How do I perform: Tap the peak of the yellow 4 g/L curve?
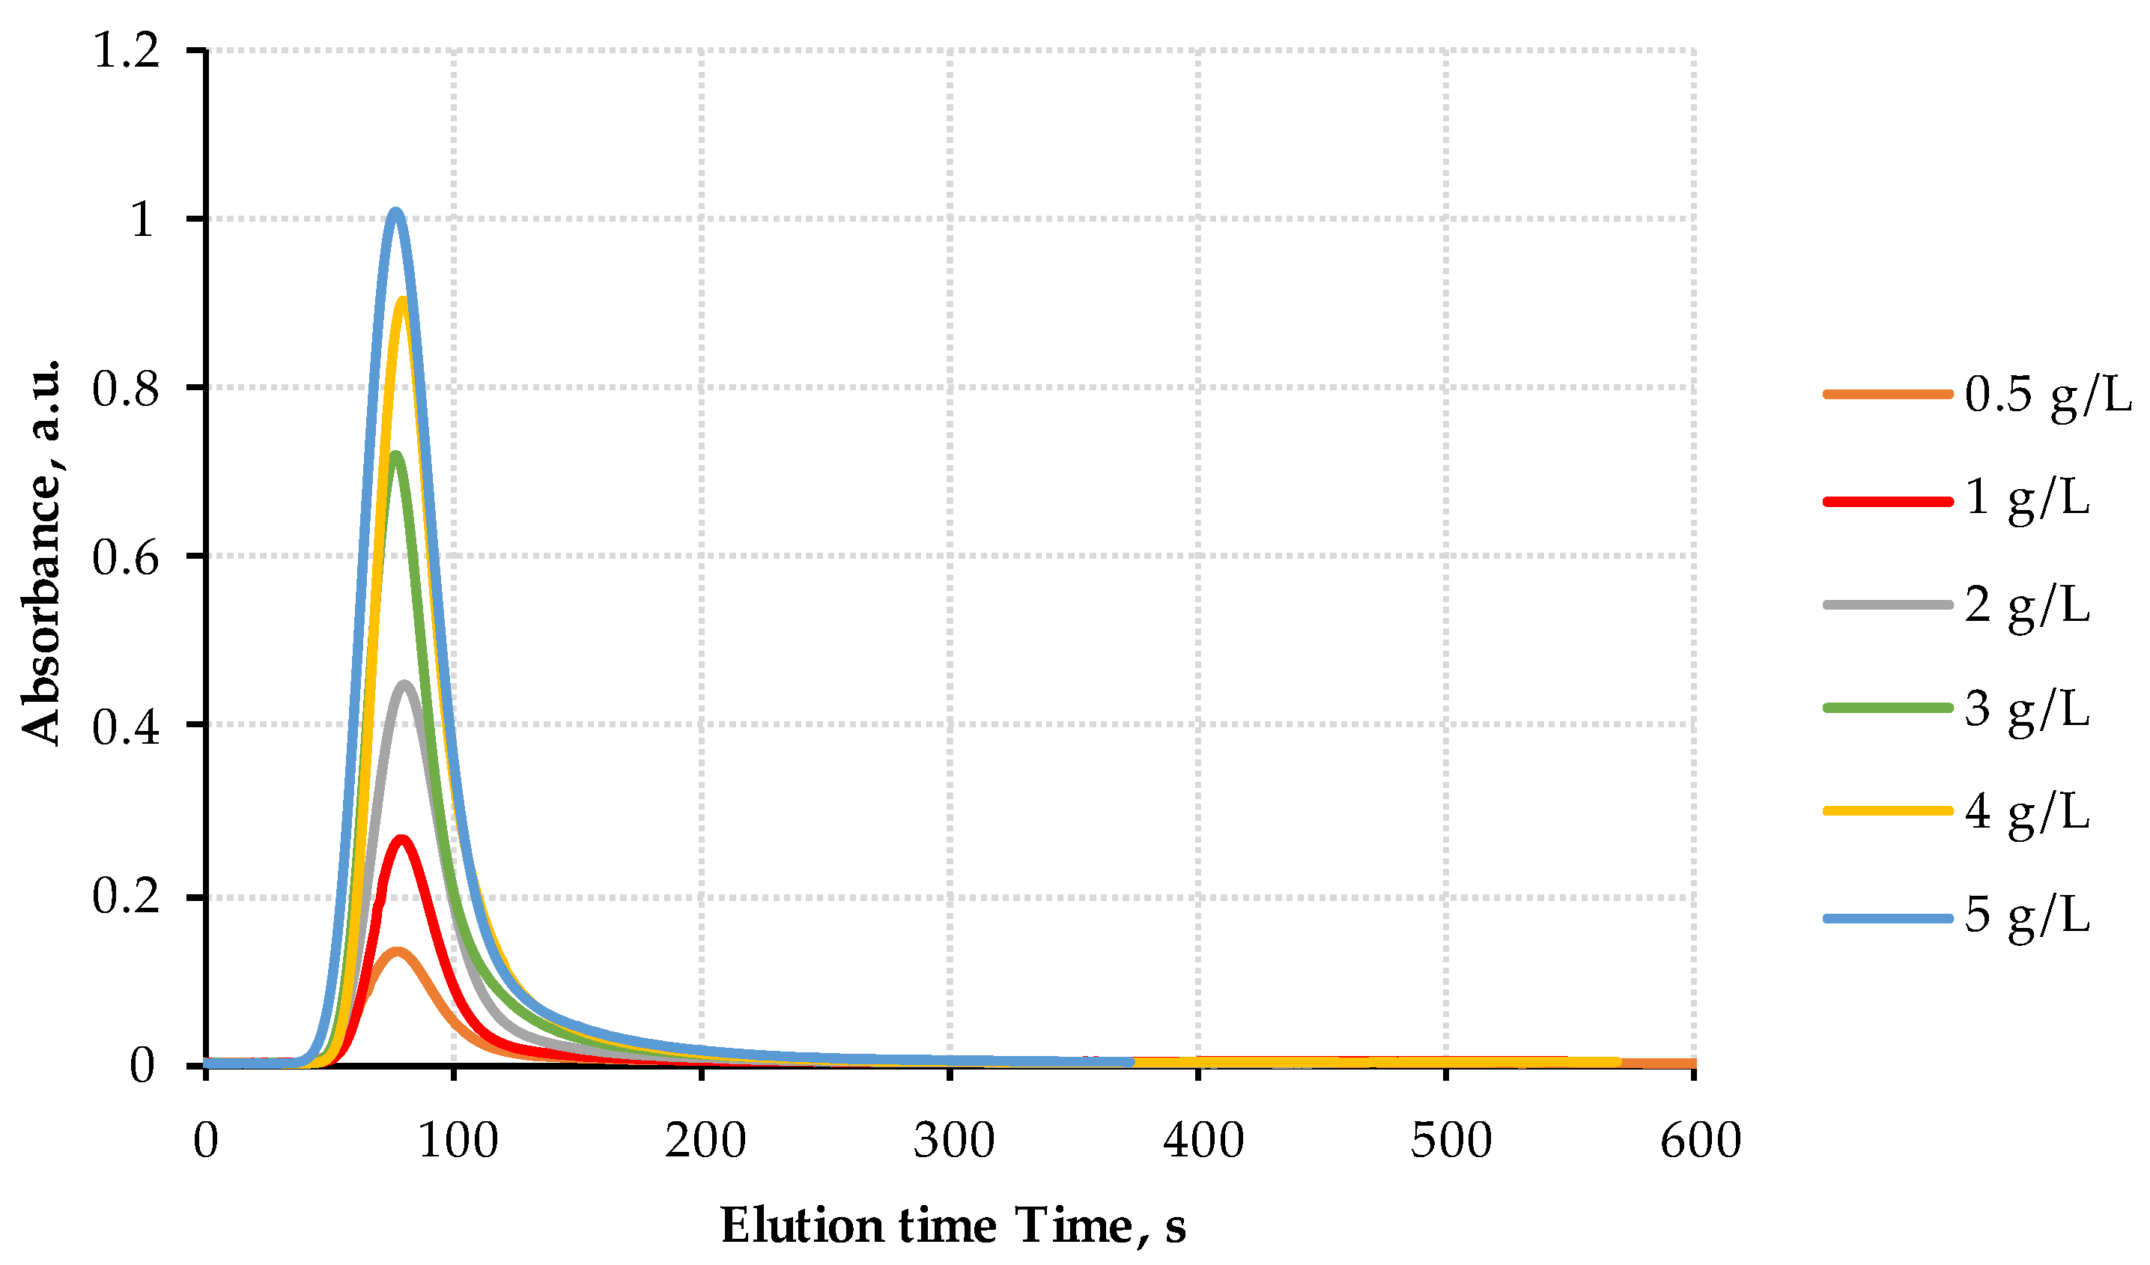point(403,300)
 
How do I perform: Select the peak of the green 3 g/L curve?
point(396,455)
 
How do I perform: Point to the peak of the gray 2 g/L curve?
point(404,684)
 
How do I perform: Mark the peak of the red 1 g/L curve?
point(401,839)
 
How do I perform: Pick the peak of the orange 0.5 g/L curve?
point(397,951)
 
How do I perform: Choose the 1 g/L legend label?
point(2027,498)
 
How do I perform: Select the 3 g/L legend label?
point(2027,709)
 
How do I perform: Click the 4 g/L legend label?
point(2027,811)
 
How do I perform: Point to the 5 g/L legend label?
point(2027,915)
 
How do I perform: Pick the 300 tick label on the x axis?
point(954,1141)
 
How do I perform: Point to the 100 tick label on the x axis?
point(458,1141)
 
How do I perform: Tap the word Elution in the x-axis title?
point(802,1227)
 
